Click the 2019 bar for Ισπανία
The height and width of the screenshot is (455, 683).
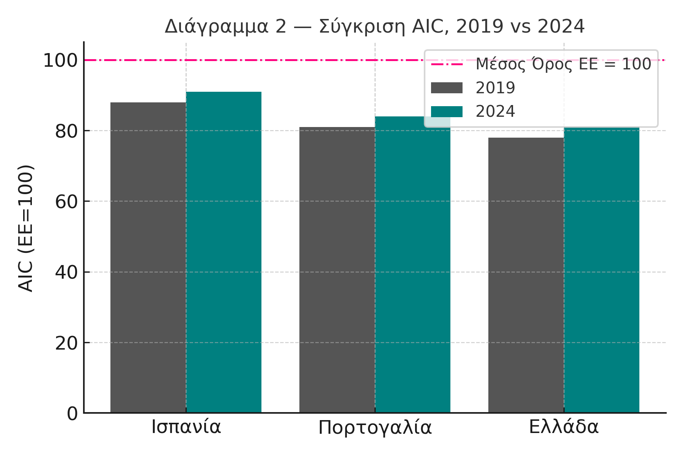tap(148, 258)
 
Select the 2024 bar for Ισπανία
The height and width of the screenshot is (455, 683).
tap(223, 252)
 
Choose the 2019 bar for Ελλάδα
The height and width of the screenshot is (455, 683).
tap(526, 275)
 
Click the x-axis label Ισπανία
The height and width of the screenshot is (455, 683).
tap(186, 427)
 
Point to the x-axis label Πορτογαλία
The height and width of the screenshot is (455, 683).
tap(375, 428)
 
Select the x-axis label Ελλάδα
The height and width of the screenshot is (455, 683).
tap(563, 427)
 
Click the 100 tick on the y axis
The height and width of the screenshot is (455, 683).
tap(60, 61)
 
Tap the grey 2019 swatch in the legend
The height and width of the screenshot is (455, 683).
tap(447, 88)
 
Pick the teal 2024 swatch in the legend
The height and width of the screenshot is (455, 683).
tap(447, 111)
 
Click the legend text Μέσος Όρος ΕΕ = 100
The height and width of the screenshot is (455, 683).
tap(563, 64)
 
